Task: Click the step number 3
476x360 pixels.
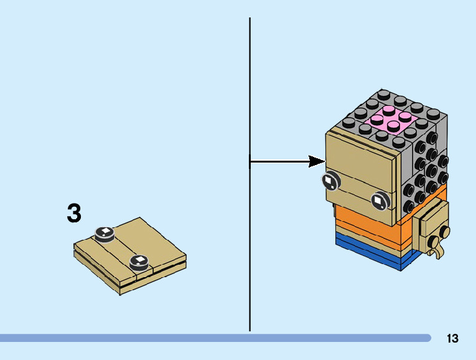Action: [x=74, y=213]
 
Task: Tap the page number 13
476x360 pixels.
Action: [x=452, y=338]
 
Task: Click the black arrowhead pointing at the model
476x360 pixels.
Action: [x=317, y=161]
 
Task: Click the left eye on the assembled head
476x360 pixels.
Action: [x=331, y=181]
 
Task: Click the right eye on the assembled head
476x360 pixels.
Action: [x=380, y=201]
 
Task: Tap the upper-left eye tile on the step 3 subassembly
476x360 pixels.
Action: [x=105, y=235]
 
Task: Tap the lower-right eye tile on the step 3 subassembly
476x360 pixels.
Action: [x=139, y=262]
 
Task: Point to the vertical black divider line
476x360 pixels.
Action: [x=250, y=174]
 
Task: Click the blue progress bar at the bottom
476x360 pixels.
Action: [x=215, y=338]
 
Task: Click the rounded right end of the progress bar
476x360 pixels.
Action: [x=428, y=338]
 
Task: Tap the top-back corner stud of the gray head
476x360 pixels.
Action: [x=384, y=94]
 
